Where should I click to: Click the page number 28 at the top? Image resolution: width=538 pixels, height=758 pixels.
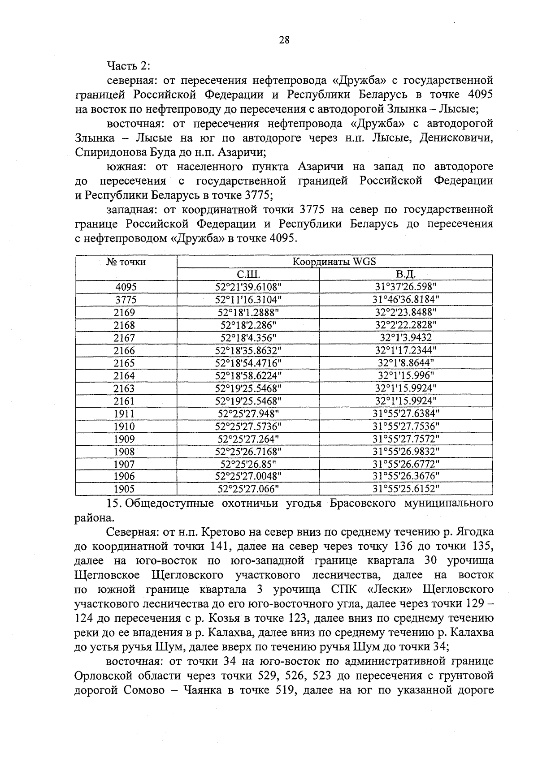click(x=284, y=40)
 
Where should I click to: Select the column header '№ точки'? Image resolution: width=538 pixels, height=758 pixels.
click(x=126, y=262)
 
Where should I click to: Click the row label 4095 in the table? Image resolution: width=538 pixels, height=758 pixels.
click(x=126, y=287)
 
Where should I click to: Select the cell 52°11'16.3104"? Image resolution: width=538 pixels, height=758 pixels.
click(x=248, y=300)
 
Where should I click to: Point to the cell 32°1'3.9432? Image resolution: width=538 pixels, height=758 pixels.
click(x=406, y=338)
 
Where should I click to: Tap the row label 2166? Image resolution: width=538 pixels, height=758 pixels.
click(x=124, y=350)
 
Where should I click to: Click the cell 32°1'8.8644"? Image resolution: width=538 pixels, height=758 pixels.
click(x=406, y=363)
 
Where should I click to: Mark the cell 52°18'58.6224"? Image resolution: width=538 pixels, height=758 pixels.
click(x=248, y=375)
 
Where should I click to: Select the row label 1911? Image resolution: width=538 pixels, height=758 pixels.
click(x=124, y=413)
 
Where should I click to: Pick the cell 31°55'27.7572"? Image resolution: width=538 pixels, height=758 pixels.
click(x=406, y=439)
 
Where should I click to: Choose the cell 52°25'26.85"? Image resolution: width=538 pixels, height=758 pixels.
click(x=248, y=464)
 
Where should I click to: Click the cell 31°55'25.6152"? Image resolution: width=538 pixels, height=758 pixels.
click(x=406, y=489)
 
